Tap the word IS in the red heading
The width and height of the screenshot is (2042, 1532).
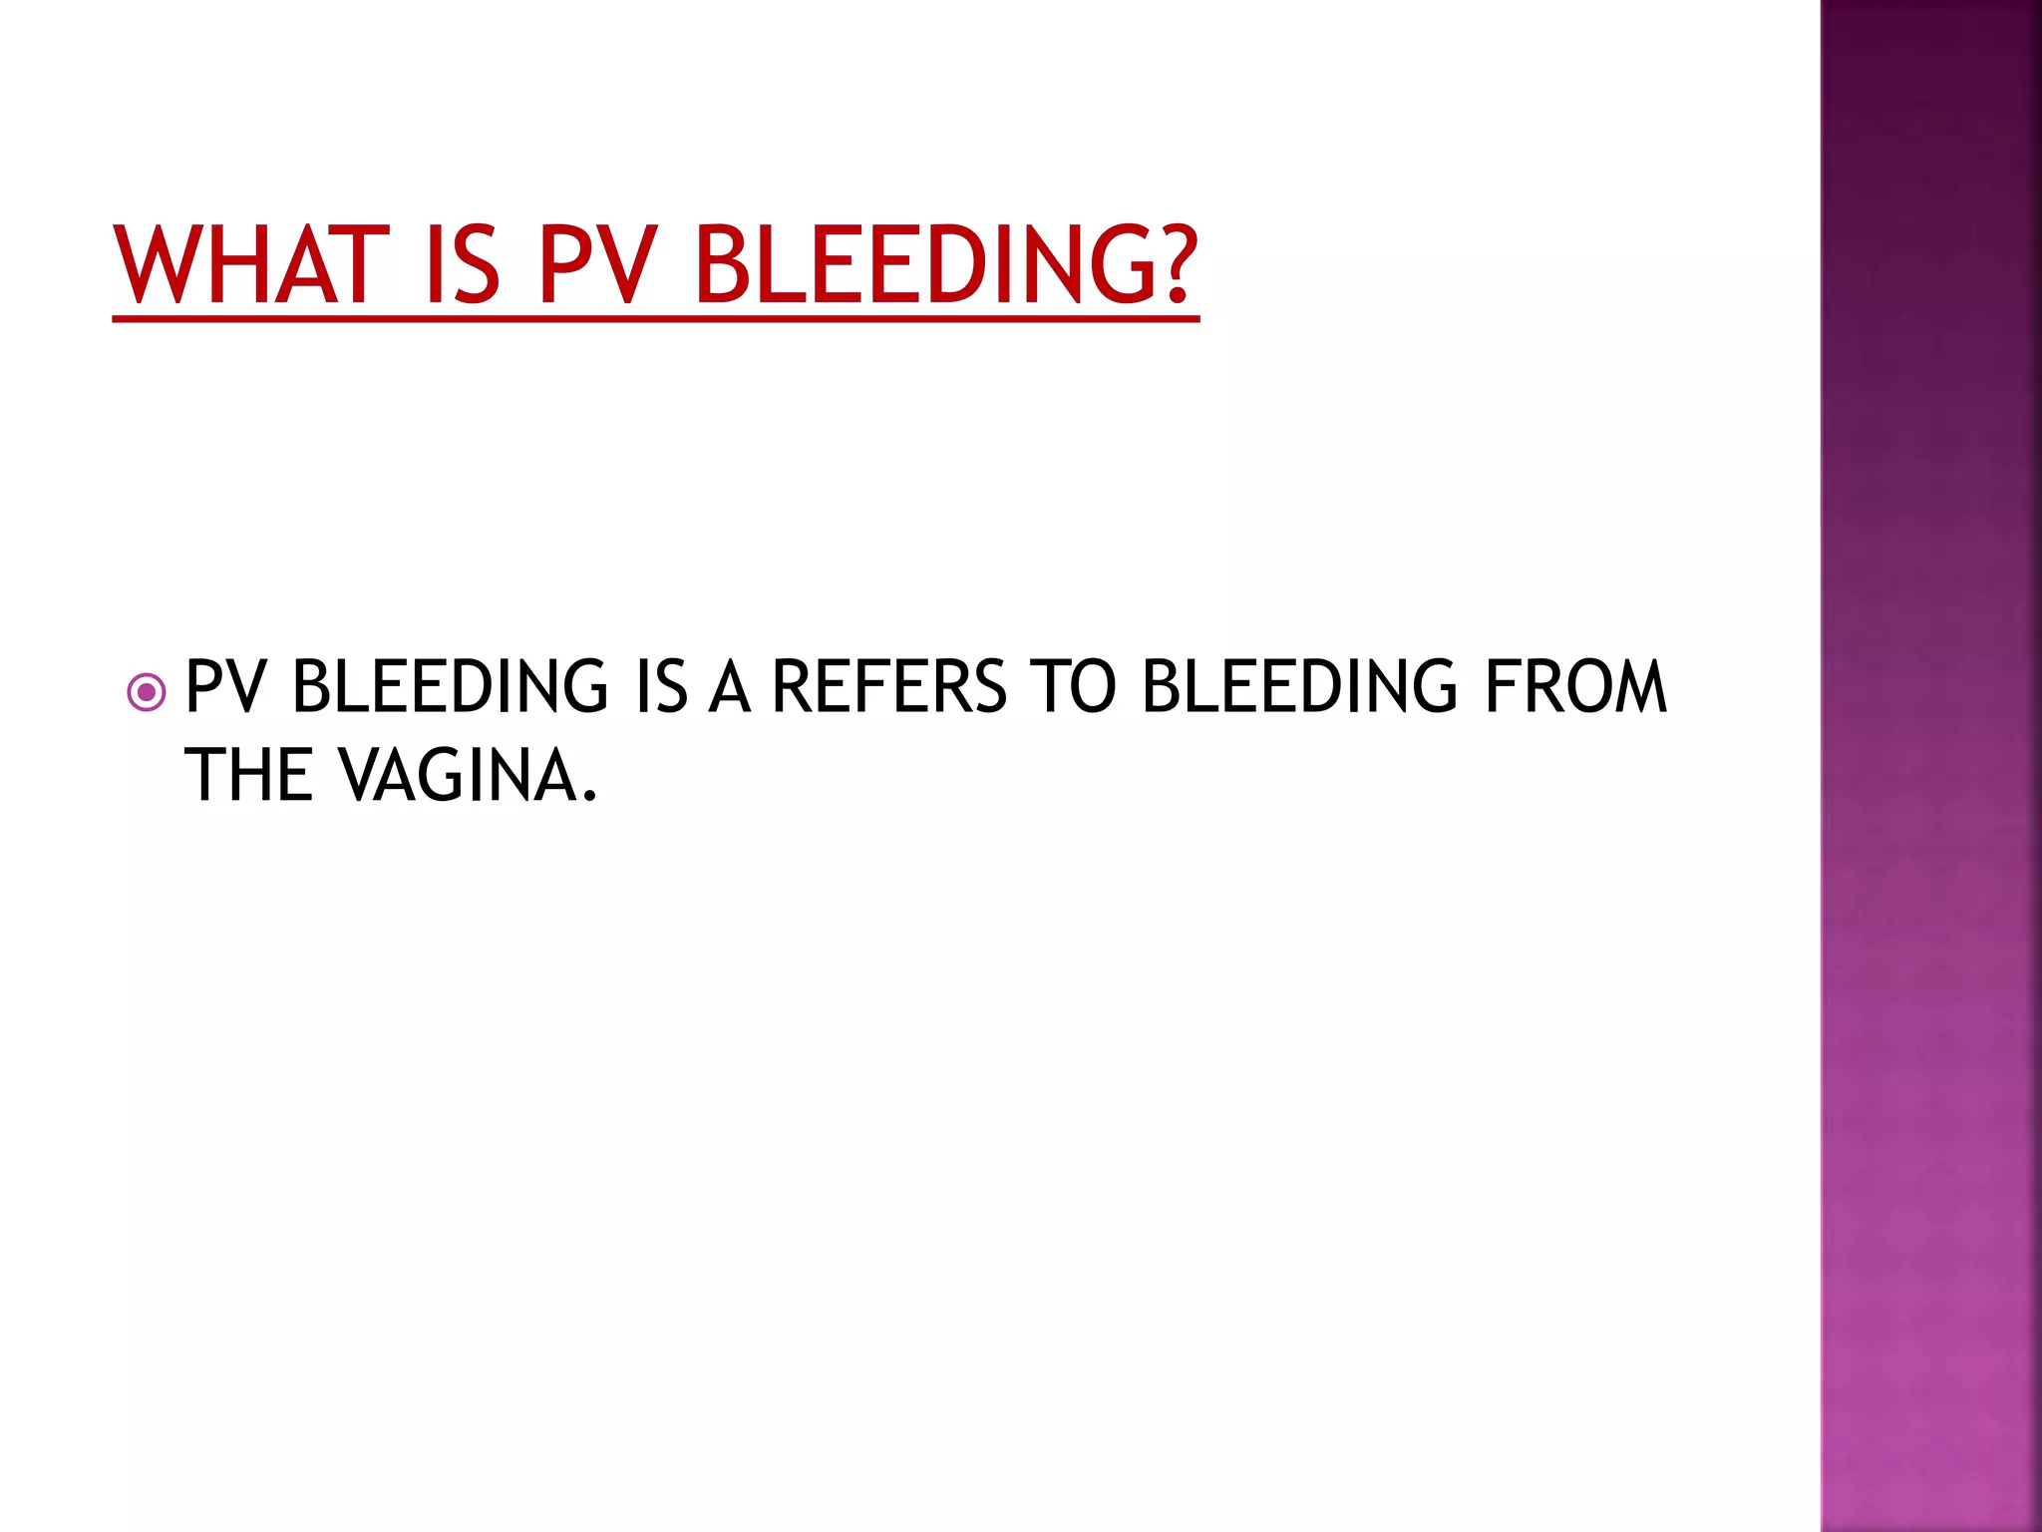pyautogui.click(x=461, y=264)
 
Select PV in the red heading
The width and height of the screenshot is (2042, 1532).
pyautogui.click(x=597, y=264)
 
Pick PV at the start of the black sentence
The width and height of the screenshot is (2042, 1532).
pyautogui.click(x=225, y=687)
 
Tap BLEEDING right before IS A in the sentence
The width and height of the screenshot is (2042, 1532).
pyautogui.click(x=450, y=687)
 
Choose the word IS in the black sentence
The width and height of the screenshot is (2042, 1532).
pyautogui.click(x=661, y=687)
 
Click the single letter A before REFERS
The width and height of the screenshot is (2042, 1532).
pyautogui.click(x=729, y=687)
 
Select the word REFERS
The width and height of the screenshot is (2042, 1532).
pyautogui.click(x=889, y=687)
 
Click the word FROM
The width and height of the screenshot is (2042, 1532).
pyautogui.click(x=1575, y=687)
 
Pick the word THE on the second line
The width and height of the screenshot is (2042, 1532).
pyautogui.click(x=249, y=776)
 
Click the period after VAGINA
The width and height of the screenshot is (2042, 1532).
pyautogui.click(x=589, y=796)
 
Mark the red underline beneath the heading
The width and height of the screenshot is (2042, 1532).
pyautogui.click(x=655, y=319)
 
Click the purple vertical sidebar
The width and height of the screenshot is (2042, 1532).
pyautogui.click(x=1930, y=766)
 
